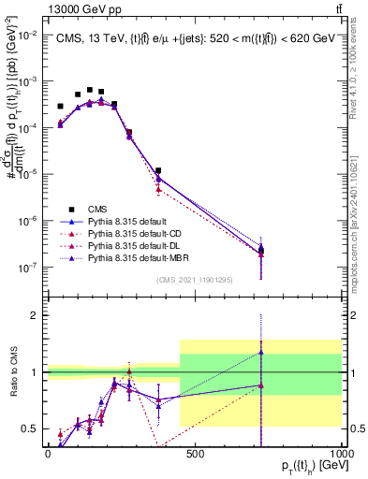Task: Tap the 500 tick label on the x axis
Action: click(195, 453)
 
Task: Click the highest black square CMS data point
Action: click(90, 91)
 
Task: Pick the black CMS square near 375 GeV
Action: click(159, 171)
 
